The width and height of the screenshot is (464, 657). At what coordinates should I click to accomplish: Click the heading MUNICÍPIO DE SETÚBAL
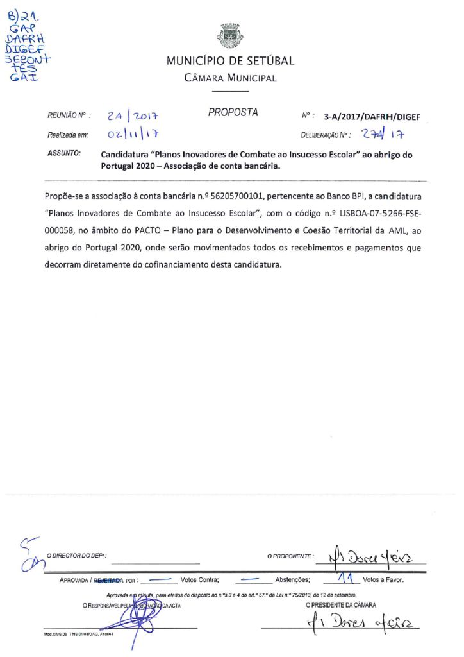tap(230, 62)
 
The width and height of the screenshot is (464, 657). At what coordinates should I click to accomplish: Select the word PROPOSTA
tap(233, 113)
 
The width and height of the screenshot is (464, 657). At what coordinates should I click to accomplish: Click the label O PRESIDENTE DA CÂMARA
tap(341, 605)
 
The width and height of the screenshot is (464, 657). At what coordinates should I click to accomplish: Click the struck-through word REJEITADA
tap(109, 579)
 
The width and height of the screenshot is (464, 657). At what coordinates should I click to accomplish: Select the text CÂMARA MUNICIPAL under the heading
tap(230, 78)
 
